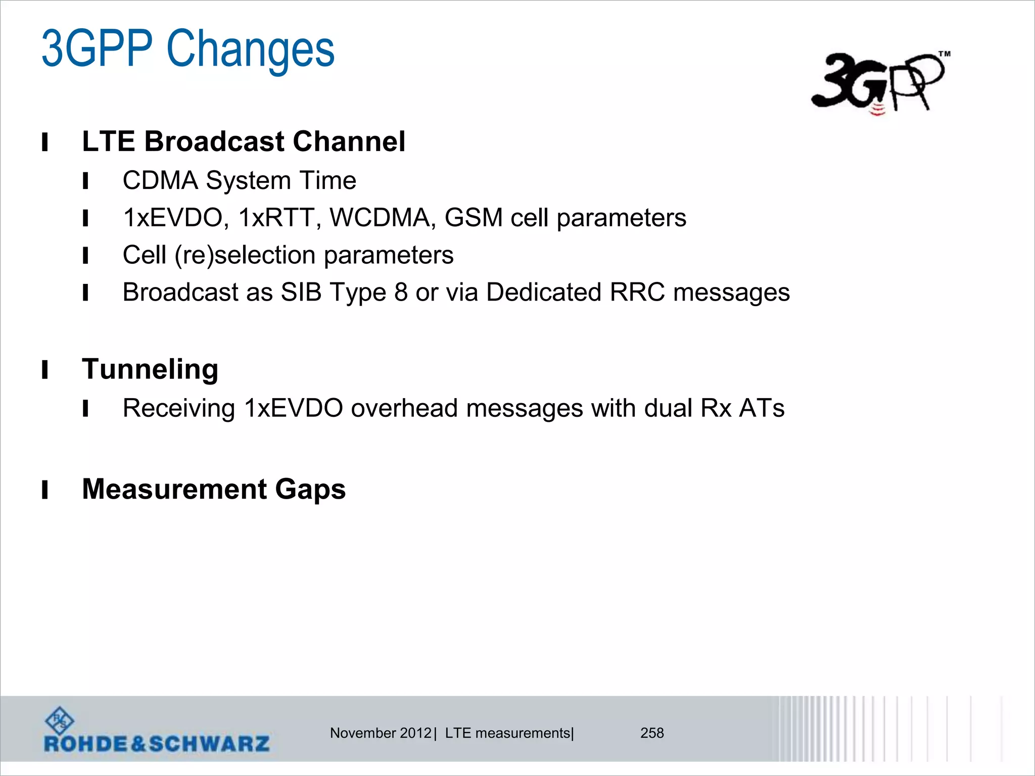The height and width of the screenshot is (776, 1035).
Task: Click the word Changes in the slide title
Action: click(250, 49)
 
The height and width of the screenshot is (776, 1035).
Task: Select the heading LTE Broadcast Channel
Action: click(243, 141)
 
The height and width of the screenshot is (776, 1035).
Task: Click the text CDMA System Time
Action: click(239, 180)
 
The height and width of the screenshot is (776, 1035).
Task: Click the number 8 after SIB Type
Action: click(401, 292)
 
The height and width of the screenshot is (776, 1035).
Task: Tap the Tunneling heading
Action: click(150, 369)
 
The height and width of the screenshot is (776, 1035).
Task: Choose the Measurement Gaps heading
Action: click(214, 489)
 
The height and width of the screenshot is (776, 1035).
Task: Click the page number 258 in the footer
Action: click(652, 733)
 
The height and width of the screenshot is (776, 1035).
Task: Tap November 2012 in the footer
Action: click(381, 733)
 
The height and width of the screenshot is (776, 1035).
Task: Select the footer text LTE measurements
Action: click(507, 733)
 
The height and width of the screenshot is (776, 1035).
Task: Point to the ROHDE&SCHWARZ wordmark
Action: click(157, 744)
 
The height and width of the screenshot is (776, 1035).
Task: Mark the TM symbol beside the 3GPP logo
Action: click(945, 54)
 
